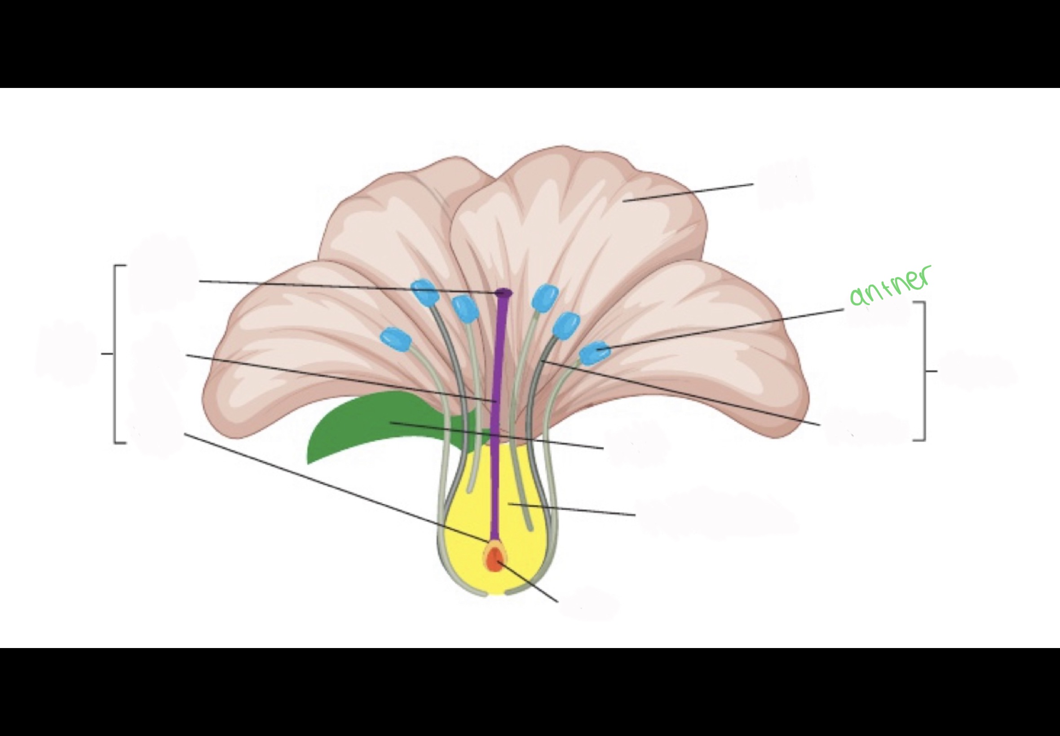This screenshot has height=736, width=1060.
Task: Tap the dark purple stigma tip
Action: tap(503, 292)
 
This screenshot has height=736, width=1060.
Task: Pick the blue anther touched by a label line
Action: tap(594, 353)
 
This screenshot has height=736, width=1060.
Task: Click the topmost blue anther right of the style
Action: tap(545, 297)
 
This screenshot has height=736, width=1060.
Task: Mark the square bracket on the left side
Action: tap(115, 354)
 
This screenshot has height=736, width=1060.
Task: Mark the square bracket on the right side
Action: tap(924, 371)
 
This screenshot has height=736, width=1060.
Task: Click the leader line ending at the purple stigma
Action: tap(346, 286)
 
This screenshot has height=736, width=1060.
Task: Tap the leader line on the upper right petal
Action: tap(688, 193)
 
